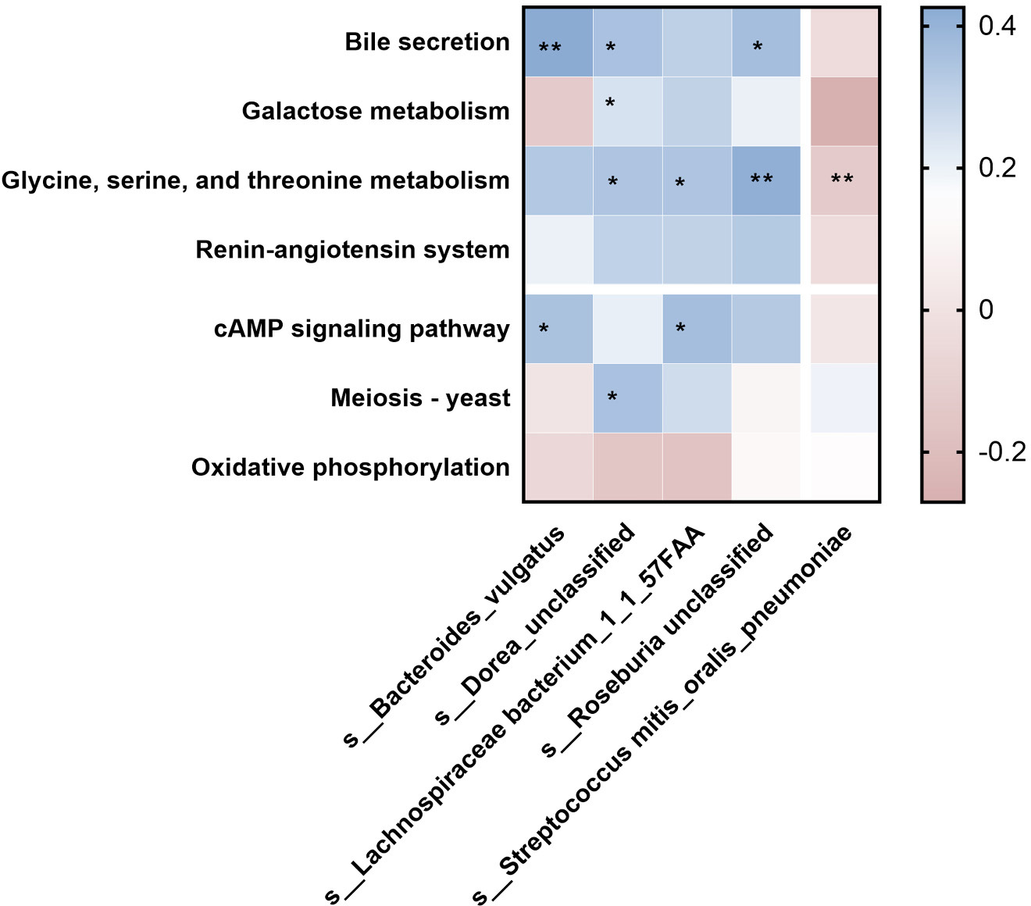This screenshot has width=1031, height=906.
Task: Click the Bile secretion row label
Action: (427, 41)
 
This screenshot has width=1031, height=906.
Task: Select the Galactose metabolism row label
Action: (376, 111)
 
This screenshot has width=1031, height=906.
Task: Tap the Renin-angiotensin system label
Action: (352, 250)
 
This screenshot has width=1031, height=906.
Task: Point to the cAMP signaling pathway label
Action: (362, 329)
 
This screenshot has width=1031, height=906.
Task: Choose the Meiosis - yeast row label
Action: (420, 398)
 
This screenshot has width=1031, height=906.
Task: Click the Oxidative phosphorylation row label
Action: (350, 467)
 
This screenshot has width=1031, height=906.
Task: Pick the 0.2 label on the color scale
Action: (997, 168)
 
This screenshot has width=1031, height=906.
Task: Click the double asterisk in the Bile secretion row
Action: (550, 48)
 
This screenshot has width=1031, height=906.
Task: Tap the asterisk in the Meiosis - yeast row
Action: (612, 397)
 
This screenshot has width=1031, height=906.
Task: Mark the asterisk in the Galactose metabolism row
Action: (610, 103)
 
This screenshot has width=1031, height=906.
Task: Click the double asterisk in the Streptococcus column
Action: (842, 179)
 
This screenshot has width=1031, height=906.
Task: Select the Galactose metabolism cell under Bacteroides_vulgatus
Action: (558, 112)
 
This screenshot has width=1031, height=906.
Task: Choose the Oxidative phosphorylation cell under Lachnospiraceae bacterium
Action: (697, 467)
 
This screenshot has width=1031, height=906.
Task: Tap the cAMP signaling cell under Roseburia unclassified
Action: (766, 329)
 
